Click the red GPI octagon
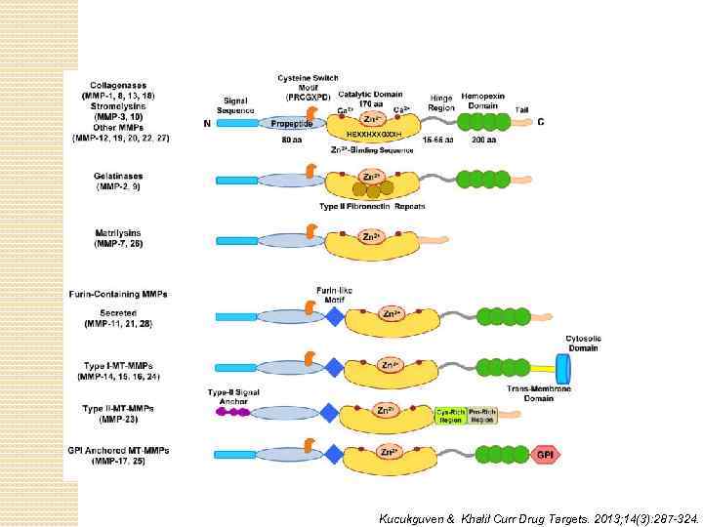point(546,455)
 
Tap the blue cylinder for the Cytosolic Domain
point(563,368)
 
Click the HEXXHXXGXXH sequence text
point(374,133)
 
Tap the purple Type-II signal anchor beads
point(231,413)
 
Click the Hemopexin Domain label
point(484,99)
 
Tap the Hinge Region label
point(440,102)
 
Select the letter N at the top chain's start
point(207,124)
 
